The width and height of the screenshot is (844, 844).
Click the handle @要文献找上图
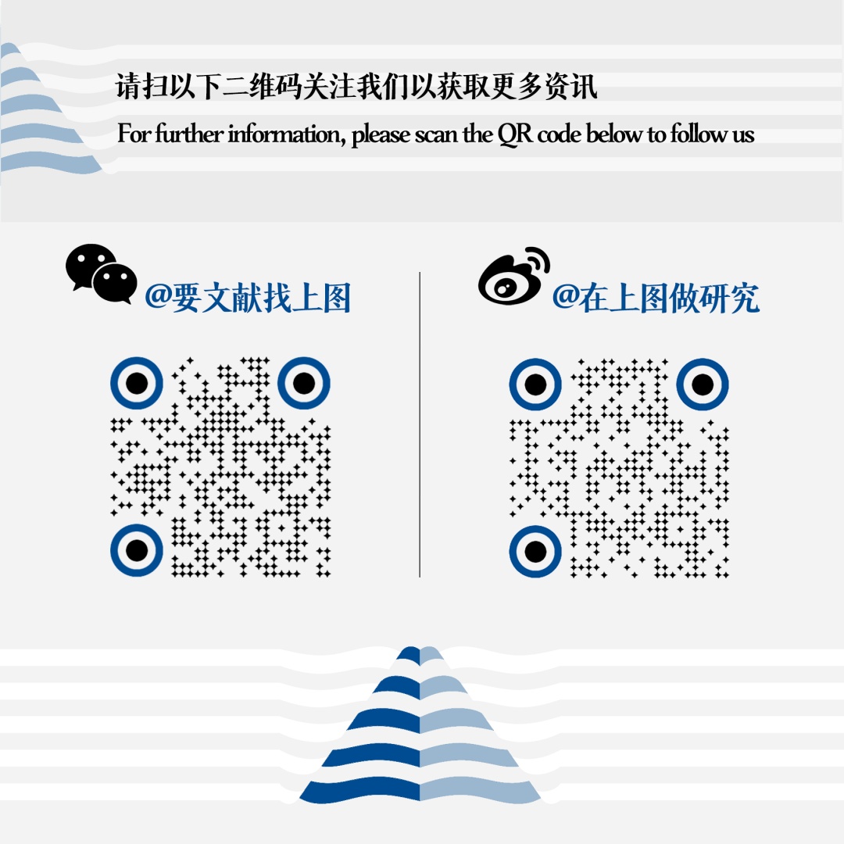pyautogui.click(x=249, y=298)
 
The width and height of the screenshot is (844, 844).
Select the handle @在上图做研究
pyautogui.click(x=656, y=298)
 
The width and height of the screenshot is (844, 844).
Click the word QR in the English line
pyautogui.click(x=515, y=134)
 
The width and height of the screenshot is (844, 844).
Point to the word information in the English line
pyautogui.click(x=286, y=134)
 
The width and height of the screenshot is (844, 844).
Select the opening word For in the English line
pyautogui.click(x=134, y=133)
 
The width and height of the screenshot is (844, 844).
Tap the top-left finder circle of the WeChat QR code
pyautogui.click(x=137, y=383)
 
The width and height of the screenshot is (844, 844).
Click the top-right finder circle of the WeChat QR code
pyautogui.click(x=304, y=383)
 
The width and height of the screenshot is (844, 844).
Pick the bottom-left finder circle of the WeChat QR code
pyautogui.click(x=137, y=550)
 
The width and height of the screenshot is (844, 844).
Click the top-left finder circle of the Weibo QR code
pyautogui.click(x=535, y=384)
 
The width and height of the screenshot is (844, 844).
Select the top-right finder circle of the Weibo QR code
pyautogui.click(x=703, y=384)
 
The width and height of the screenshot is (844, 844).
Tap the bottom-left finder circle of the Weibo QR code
pyautogui.click(x=535, y=552)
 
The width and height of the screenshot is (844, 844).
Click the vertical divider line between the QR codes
pyautogui.click(x=420, y=424)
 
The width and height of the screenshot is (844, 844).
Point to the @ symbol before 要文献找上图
pyautogui.click(x=158, y=296)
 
